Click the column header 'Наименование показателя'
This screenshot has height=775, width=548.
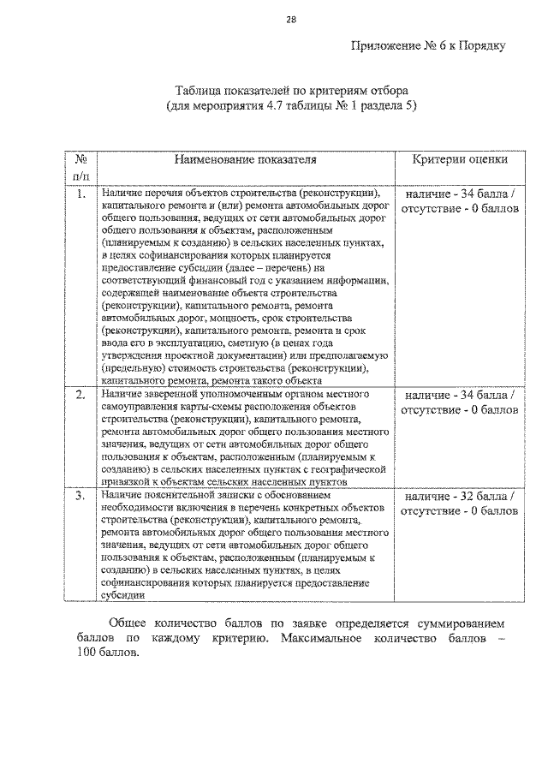coord(246,159)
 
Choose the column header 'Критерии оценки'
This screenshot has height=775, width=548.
coord(459,159)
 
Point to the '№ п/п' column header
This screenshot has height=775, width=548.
coord(80,167)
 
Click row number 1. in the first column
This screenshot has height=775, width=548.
coord(80,194)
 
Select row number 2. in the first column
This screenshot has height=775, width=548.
coord(80,395)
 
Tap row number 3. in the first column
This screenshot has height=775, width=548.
coord(80,496)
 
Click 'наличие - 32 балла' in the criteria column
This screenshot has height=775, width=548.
coord(459,496)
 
